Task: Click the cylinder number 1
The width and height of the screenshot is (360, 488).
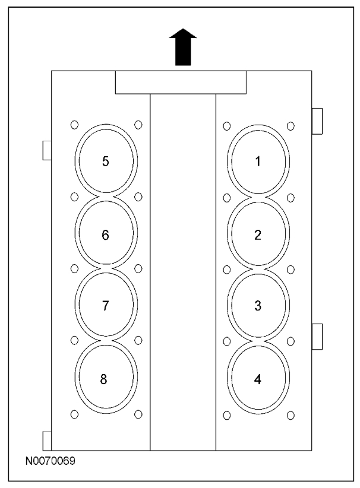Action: click(x=257, y=161)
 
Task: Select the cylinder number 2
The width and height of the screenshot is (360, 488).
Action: click(x=257, y=235)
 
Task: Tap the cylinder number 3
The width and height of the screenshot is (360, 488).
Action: click(x=257, y=306)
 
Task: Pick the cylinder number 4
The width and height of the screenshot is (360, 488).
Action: click(x=257, y=379)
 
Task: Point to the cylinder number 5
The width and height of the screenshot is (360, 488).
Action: click(x=106, y=161)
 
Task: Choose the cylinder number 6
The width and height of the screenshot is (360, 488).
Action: click(x=105, y=235)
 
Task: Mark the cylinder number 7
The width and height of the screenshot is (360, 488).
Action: click(x=105, y=306)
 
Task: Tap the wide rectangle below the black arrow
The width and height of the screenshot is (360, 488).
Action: click(x=181, y=82)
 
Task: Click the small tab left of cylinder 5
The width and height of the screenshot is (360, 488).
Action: click(x=47, y=150)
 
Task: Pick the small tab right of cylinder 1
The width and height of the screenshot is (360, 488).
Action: click(x=317, y=121)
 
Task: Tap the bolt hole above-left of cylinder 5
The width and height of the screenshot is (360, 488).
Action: click(x=74, y=125)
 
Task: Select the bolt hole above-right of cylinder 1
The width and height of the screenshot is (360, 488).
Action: click(x=290, y=126)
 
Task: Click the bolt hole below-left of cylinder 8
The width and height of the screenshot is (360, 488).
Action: click(x=74, y=414)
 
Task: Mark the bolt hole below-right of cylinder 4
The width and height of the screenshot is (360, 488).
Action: click(x=290, y=414)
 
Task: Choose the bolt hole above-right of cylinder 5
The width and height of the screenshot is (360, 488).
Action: click(x=138, y=125)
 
